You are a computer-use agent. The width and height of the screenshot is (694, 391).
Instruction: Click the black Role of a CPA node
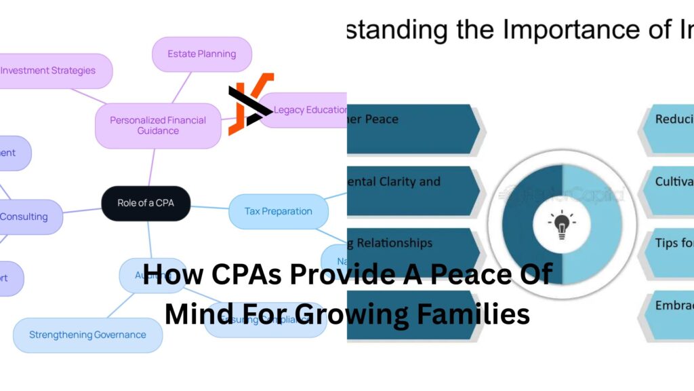145,203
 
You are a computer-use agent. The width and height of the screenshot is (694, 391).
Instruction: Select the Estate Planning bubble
201,54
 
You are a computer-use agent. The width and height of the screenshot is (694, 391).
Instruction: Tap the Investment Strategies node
51,71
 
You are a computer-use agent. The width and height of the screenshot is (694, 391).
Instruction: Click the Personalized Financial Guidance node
158,126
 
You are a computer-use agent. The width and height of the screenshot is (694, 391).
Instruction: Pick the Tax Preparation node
278,211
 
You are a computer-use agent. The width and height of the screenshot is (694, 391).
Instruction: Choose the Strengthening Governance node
87,335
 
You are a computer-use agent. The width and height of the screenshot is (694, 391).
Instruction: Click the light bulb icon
561,225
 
